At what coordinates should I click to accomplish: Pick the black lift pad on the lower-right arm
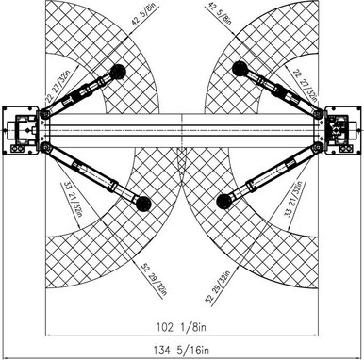221,200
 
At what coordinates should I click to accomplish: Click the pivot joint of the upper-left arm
43,114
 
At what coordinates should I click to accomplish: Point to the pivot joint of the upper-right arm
319,114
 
